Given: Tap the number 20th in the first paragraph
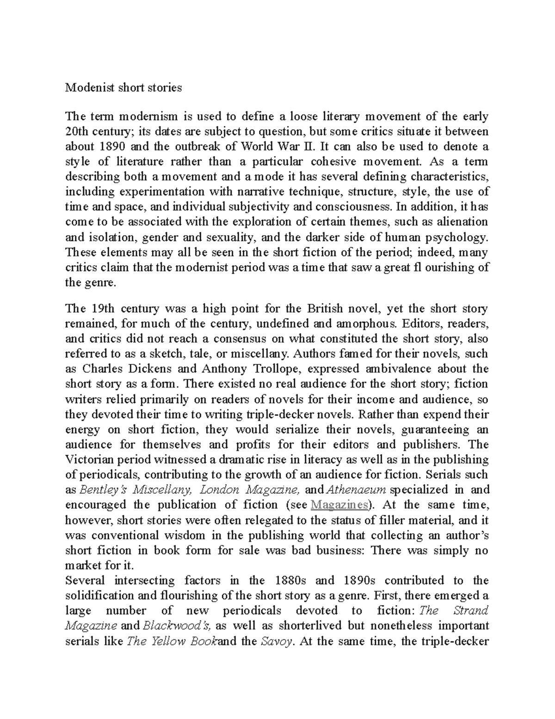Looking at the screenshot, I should (x=78, y=131).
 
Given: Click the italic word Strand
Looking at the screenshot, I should (x=471, y=611).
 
